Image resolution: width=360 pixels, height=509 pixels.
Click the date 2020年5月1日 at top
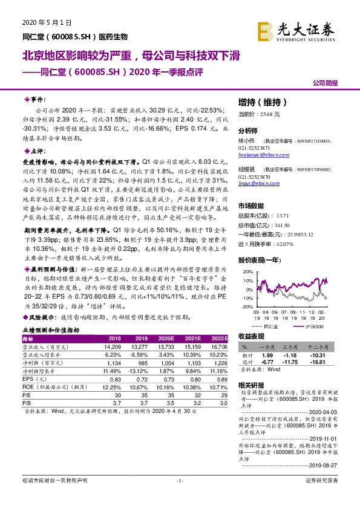tap(42, 22)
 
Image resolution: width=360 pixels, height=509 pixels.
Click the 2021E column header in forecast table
tap(192, 339)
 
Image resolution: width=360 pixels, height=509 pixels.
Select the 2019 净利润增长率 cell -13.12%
tap(140, 371)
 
